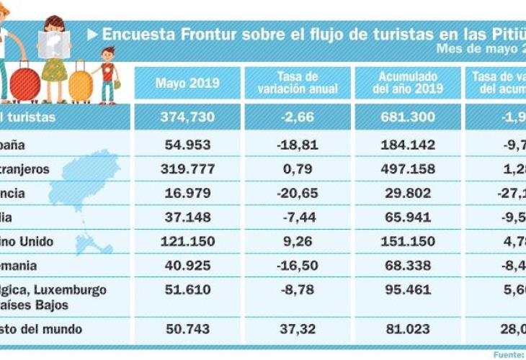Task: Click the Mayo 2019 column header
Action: click(187, 83)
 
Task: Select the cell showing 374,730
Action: click(187, 117)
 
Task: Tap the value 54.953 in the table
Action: click(187, 145)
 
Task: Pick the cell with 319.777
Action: click(187, 169)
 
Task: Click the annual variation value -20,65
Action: click(298, 193)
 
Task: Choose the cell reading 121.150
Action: click(187, 241)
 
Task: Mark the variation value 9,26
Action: click(298, 241)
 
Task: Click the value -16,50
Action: click(298, 265)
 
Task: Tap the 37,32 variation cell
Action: click(298, 329)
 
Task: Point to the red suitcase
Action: click(24, 82)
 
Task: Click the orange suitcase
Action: click(81, 85)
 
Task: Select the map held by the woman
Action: click(54, 45)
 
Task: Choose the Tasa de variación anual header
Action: click(298, 83)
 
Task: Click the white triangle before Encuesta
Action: click(92, 34)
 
